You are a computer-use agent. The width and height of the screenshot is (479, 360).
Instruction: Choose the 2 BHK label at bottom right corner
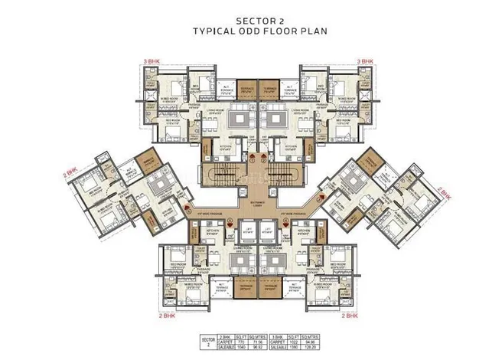(349, 314)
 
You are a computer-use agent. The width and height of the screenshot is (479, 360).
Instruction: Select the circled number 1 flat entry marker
(250, 160)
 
